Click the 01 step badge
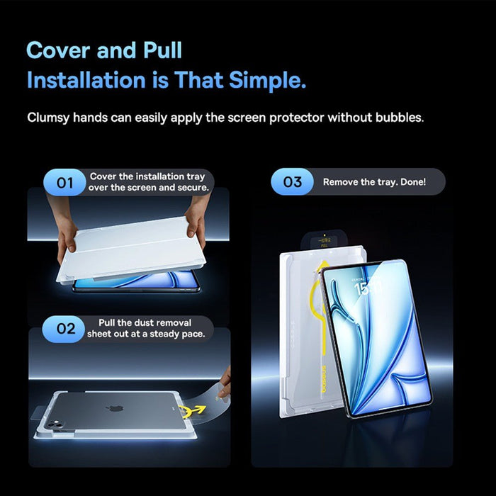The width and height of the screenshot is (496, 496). pyautogui.click(x=64, y=183)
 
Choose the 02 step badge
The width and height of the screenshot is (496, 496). pyautogui.click(x=64, y=329)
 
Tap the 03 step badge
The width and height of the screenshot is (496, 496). pyautogui.click(x=293, y=182)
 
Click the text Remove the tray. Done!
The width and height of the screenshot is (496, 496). pyautogui.click(x=374, y=182)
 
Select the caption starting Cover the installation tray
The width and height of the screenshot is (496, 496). pyautogui.click(x=149, y=182)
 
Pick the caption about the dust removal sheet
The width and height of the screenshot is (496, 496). pyautogui.click(x=146, y=328)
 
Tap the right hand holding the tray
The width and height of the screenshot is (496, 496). pyautogui.click(x=198, y=216)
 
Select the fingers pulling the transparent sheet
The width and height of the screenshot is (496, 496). pyautogui.click(x=223, y=383)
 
